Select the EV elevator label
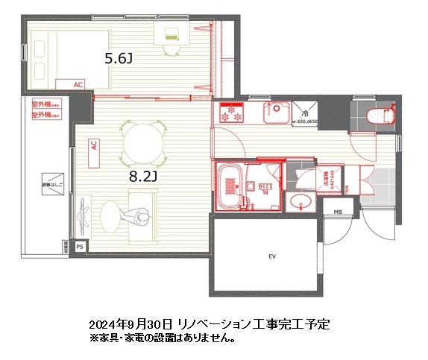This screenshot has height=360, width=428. pyautogui.click(x=272, y=257)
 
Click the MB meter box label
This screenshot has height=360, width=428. pyautogui.click(x=338, y=212)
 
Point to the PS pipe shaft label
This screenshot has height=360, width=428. pyautogui.click(x=80, y=245)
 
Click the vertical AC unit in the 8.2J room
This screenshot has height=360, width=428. pyautogui.click(x=94, y=145)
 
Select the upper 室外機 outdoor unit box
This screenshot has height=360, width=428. pyautogui.click(x=45, y=106)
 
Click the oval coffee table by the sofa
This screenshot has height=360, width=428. pyautogui.click(x=109, y=218)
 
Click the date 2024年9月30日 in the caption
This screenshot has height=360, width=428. pyautogui.click(x=131, y=325)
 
